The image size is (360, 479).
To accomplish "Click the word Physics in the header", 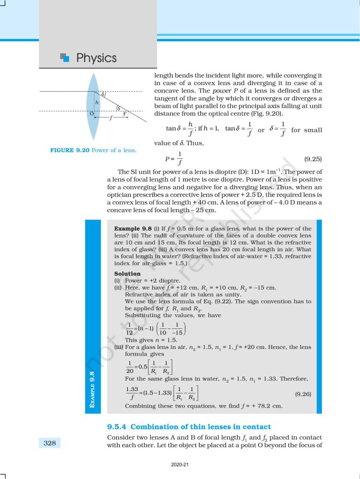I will click(96, 58).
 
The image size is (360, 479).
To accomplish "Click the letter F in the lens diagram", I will click(125, 114).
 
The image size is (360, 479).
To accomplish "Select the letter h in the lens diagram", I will click(97, 102).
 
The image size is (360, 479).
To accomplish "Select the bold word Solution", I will click(127, 274).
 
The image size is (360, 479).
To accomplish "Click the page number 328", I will click(49, 443).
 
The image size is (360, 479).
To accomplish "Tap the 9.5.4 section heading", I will click(189, 427).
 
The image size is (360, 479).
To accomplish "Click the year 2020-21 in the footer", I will click(180, 465).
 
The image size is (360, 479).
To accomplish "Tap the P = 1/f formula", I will click(173, 159).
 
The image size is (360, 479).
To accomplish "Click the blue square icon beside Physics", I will click(66, 58).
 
